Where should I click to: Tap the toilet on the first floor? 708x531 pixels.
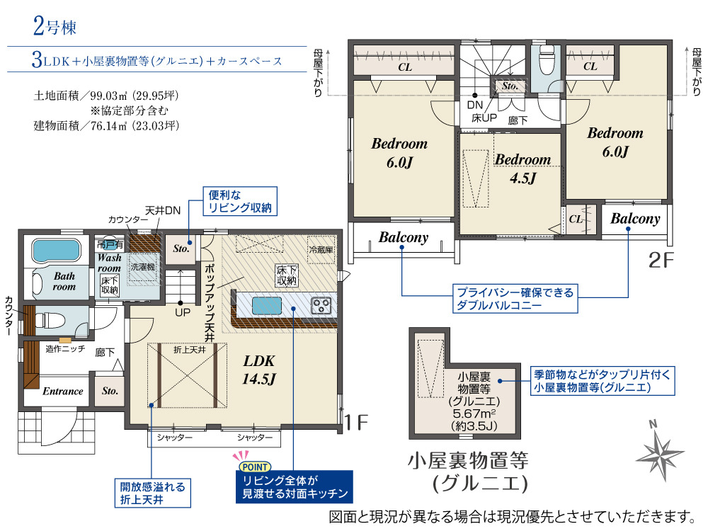click(x=50, y=320)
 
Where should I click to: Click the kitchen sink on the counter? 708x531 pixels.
click(x=267, y=306)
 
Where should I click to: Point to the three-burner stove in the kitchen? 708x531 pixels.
click(x=321, y=306)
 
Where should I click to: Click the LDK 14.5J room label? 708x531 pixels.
click(x=258, y=370)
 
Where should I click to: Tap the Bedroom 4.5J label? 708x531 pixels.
click(x=523, y=169)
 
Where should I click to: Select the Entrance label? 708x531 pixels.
click(x=63, y=392)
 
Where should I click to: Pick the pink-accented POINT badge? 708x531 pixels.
click(x=255, y=467)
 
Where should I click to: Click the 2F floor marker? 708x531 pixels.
click(x=661, y=260)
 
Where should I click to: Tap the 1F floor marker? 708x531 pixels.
click(x=357, y=423)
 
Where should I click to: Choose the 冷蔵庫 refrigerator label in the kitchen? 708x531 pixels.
click(x=321, y=249)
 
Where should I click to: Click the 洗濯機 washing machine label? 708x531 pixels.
click(x=143, y=267)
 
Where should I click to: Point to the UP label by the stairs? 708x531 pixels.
click(x=183, y=312)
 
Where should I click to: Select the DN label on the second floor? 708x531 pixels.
click(x=475, y=105)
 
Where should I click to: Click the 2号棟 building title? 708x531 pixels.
click(x=55, y=25)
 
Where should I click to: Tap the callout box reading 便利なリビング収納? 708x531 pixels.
click(x=240, y=201)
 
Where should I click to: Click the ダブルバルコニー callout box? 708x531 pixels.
click(x=515, y=299)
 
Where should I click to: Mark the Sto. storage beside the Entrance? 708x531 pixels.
click(x=110, y=391)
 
